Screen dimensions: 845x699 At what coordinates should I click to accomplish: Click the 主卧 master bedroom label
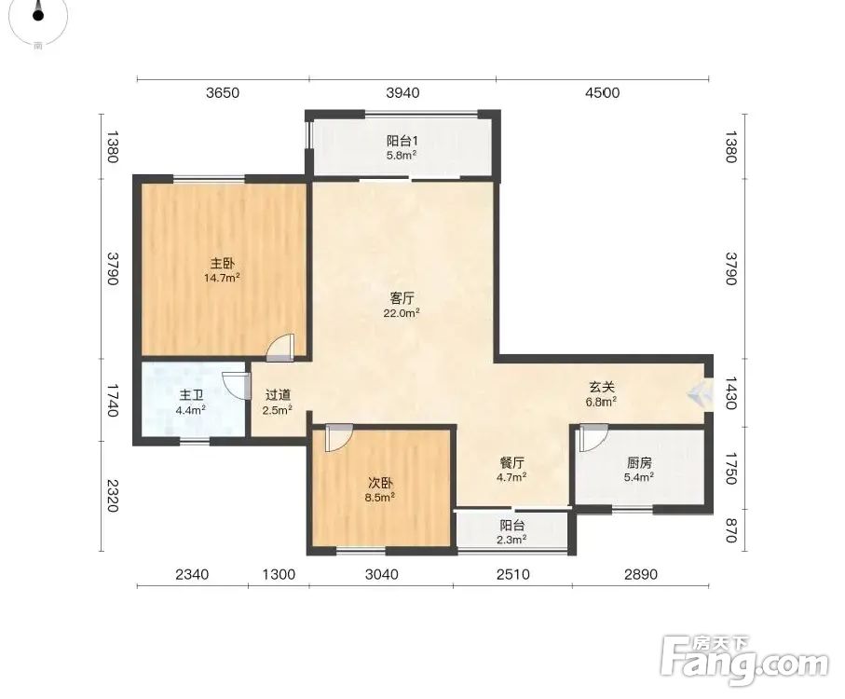coord(222,264)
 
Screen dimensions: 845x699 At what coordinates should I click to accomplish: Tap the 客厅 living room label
coord(402,298)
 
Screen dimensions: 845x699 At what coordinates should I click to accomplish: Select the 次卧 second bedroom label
coord(380,483)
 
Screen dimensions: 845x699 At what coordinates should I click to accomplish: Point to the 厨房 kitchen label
coord(639,462)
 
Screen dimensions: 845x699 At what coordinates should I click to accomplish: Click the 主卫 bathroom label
coord(191,395)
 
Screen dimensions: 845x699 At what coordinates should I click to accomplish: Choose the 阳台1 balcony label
coord(402,142)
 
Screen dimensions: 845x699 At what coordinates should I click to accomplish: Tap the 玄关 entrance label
coord(602,387)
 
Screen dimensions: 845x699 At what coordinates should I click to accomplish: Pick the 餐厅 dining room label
coord(512,462)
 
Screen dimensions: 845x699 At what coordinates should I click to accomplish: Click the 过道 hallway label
coord(278,395)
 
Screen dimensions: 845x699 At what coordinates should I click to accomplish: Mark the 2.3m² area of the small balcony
coord(511,539)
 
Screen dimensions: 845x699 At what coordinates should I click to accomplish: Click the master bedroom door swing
coord(281,348)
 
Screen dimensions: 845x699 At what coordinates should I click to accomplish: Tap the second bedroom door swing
coord(339,438)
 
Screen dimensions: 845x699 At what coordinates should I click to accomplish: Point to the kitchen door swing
coord(593,438)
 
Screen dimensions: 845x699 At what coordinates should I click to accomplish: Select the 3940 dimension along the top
coord(402,92)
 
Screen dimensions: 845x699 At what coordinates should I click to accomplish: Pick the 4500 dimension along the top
coord(603,92)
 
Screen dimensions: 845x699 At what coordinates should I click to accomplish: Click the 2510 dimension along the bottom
coord(513,574)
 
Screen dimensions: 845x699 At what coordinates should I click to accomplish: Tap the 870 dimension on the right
coord(730,529)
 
